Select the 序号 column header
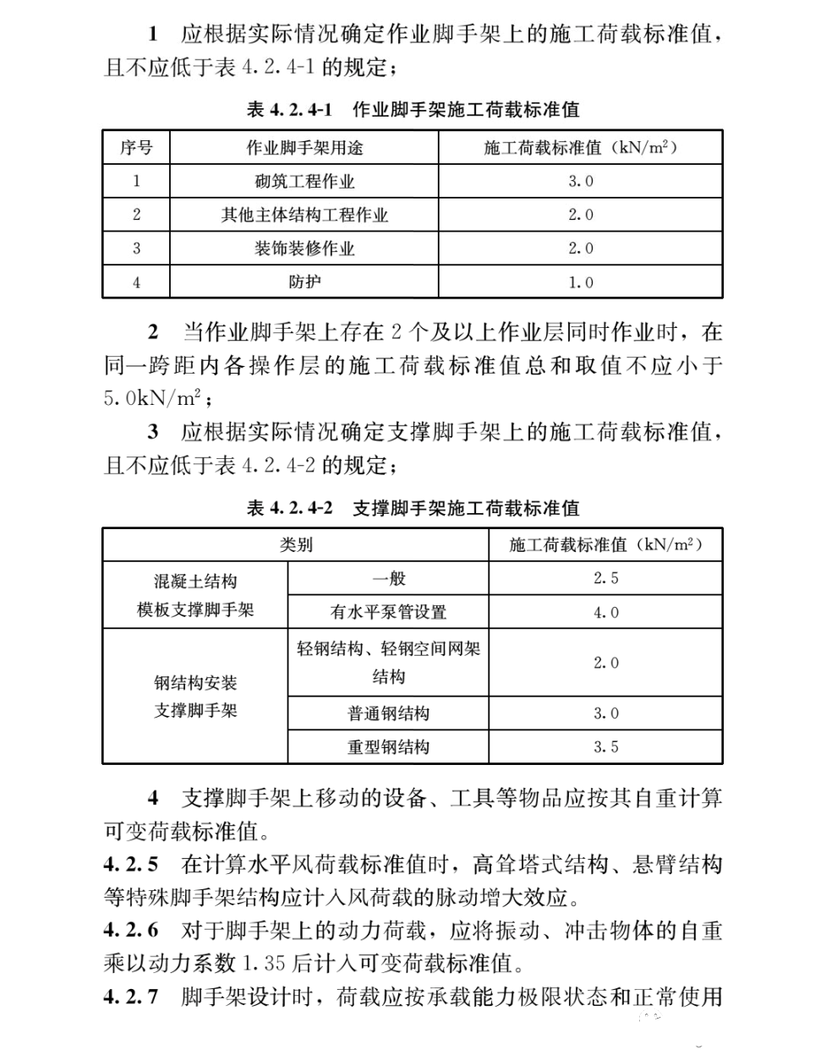(x=136, y=148)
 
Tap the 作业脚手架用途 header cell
(x=304, y=148)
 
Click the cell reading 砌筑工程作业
(x=304, y=181)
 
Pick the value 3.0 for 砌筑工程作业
(x=580, y=181)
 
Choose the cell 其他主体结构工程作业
(x=304, y=215)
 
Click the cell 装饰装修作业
(x=304, y=249)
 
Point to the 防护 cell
(x=304, y=281)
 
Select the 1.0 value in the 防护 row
(x=580, y=282)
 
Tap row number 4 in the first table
(x=136, y=282)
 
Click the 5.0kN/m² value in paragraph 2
(x=152, y=396)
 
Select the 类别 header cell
(x=296, y=545)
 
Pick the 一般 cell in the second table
(x=388, y=579)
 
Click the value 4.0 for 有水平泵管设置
(x=605, y=612)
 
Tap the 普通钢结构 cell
(x=388, y=713)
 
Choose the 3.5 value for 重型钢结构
(x=605, y=747)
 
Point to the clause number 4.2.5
(x=130, y=864)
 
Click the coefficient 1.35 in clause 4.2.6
(x=265, y=963)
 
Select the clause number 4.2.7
(x=130, y=997)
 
